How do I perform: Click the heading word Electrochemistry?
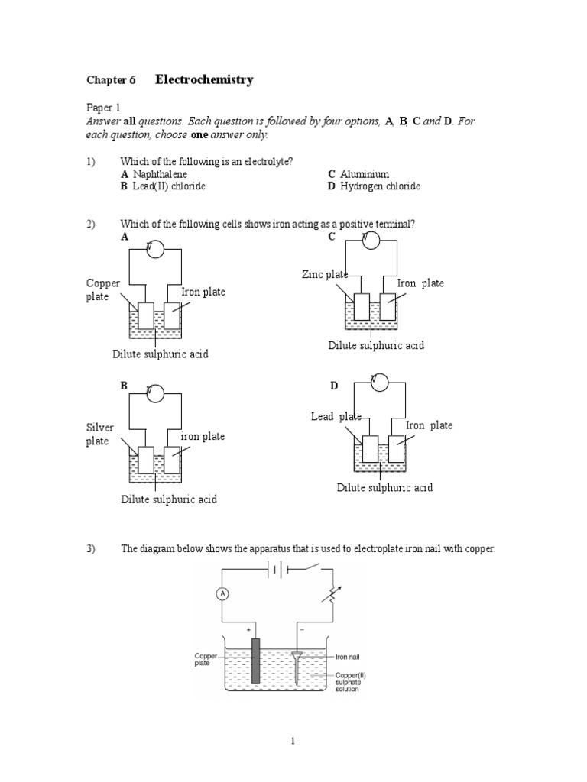click(x=204, y=79)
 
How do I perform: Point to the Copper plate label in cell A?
click(x=102, y=289)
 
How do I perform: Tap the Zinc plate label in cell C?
click(x=326, y=275)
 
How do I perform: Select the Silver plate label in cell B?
click(x=100, y=435)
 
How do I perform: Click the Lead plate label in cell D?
click(x=336, y=416)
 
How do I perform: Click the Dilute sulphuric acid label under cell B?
click(x=169, y=499)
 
